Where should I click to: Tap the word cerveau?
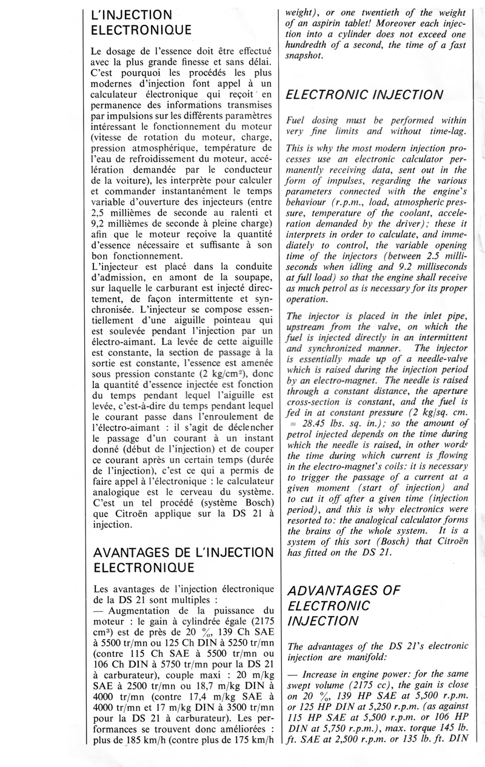point(196,495)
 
